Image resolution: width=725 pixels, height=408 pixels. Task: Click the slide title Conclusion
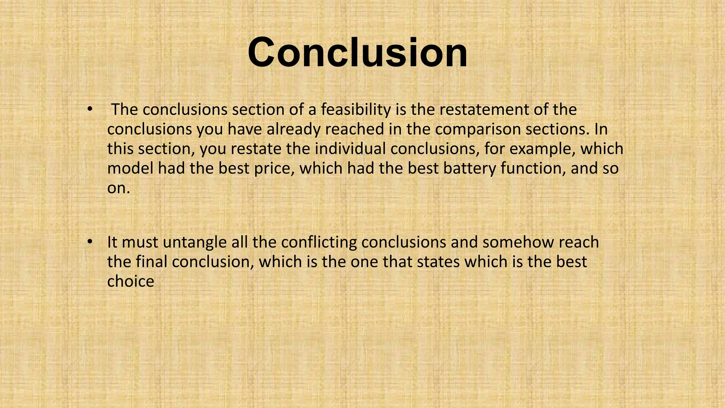click(358, 52)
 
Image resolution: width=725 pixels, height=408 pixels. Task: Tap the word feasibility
click(355, 110)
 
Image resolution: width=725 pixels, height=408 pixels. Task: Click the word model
click(130, 168)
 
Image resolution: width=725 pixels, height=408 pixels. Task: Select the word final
click(152, 262)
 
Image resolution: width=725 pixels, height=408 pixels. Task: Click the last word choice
click(131, 282)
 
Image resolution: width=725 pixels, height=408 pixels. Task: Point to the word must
click(140, 243)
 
